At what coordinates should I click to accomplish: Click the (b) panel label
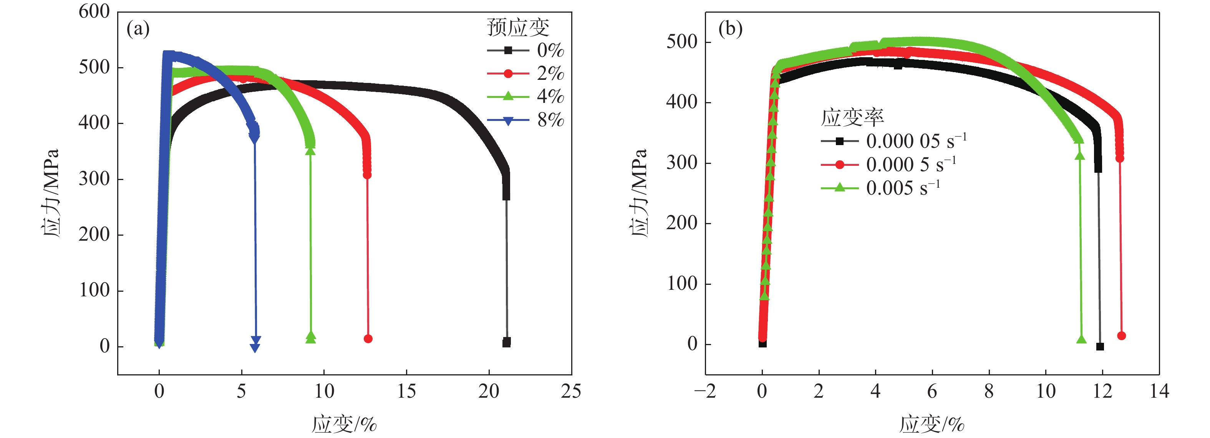730,29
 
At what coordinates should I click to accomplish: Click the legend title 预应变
518,27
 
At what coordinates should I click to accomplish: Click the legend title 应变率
852,117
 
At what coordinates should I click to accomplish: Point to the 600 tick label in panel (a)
94,12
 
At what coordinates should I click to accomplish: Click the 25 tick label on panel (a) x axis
571,391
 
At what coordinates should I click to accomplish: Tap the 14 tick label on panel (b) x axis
1159,391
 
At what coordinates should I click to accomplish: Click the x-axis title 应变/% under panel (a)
344,424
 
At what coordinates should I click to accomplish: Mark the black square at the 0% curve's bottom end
506,342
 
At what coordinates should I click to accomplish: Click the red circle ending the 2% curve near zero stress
368,339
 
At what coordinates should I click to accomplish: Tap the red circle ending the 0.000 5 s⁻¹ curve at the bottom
1121,336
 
